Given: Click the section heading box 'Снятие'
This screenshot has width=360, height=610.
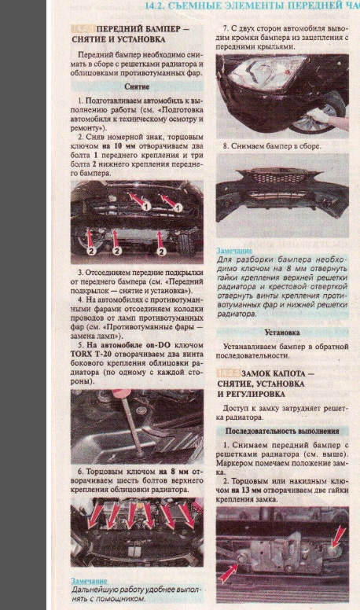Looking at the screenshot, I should point(137,86).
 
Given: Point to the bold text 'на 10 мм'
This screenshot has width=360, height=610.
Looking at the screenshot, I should point(108,146).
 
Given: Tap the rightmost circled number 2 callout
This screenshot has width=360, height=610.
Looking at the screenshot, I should point(163,252).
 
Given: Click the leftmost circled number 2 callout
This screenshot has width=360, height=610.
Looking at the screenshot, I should point(91,252).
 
